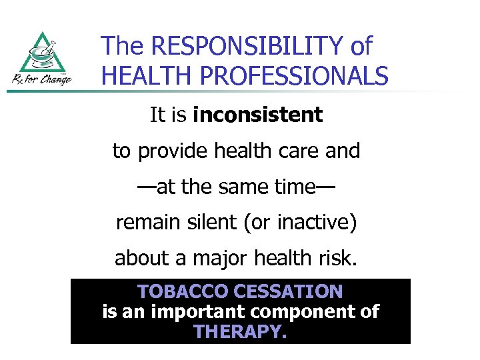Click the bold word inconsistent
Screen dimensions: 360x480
(x=257, y=115)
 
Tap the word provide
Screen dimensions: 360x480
(x=174, y=151)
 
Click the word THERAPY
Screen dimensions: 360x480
(x=240, y=331)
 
